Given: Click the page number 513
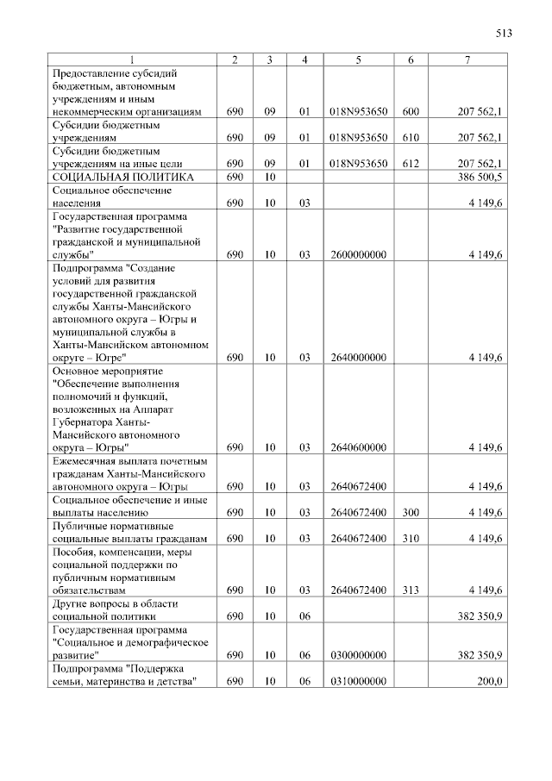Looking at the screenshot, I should [505, 34].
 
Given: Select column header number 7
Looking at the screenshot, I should [467, 59].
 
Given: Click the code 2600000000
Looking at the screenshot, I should [358, 255].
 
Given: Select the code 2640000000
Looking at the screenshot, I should [358, 357].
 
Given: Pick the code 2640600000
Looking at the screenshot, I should [358, 447].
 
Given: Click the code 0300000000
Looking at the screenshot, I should [358, 655].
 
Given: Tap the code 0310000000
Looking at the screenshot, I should [358, 681].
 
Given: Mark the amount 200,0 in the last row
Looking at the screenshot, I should [491, 681].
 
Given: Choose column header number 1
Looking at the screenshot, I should [132, 59].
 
